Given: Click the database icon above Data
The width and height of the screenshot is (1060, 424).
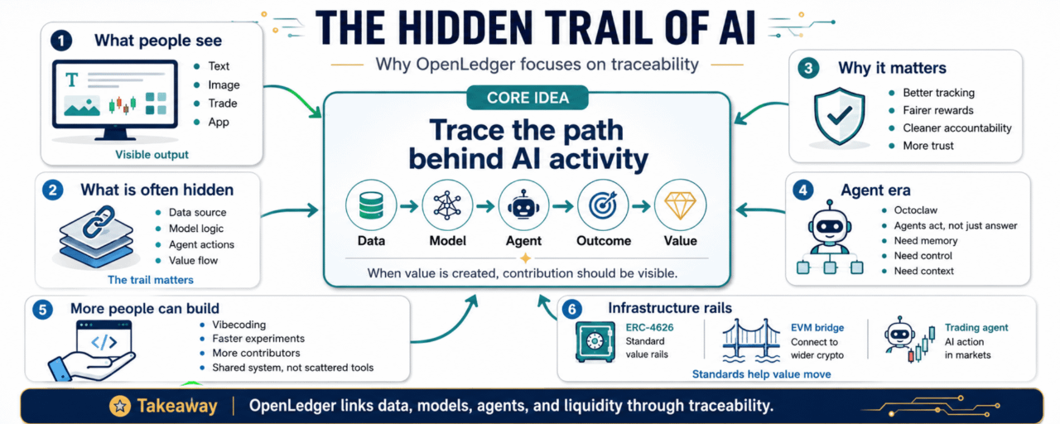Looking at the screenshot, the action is tap(371, 205).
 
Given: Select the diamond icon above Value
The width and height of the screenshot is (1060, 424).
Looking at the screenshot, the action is tap(680, 205).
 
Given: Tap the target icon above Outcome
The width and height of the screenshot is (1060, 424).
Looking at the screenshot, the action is tap(603, 205).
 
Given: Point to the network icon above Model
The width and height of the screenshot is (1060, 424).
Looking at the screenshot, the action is tap(447, 205).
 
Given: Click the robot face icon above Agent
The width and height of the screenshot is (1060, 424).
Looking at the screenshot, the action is tap(523, 205).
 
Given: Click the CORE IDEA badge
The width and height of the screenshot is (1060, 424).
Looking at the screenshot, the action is tap(528, 98).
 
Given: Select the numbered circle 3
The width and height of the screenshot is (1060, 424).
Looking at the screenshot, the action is tap(808, 68).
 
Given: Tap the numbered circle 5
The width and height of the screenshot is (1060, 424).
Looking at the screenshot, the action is tap(42, 310).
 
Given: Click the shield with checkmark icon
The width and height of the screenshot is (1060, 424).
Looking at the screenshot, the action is tap(839, 116).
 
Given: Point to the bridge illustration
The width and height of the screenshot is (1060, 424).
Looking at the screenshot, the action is tap(750, 340).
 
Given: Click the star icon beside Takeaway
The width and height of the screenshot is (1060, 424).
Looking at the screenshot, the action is tap(120, 406).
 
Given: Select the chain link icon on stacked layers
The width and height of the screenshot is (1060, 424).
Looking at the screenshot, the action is tap(99, 221).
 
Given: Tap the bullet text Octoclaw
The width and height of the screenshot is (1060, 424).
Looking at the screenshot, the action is tap(915, 210).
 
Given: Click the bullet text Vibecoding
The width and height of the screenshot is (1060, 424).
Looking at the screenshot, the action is tap(239, 325).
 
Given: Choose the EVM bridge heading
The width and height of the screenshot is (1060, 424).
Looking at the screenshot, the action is tap(817, 327).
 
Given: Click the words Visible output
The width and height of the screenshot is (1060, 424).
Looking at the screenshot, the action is tap(152, 154).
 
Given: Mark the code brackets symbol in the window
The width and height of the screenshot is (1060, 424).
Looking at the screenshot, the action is tap(104, 342).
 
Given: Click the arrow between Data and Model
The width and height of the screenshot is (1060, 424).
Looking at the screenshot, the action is tap(409, 206).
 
